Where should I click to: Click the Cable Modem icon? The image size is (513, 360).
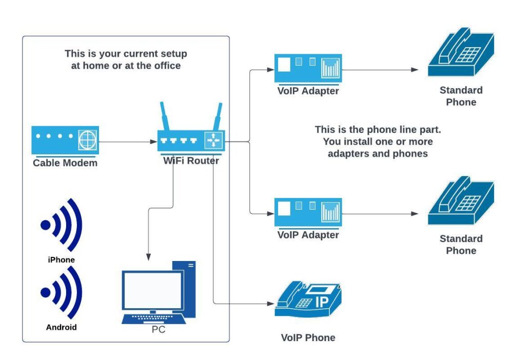[65, 140]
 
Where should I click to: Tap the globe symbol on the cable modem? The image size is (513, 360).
[87, 139]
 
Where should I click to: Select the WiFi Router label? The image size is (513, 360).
[191, 161]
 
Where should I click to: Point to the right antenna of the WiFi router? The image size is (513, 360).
[218, 116]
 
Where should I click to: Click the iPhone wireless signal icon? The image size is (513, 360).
[62, 226]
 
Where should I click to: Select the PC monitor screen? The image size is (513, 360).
[152, 289]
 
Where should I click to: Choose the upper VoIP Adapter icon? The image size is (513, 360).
[308, 69]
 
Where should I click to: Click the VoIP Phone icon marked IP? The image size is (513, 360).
[307, 302]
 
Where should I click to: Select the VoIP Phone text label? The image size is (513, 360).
[308, 337]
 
